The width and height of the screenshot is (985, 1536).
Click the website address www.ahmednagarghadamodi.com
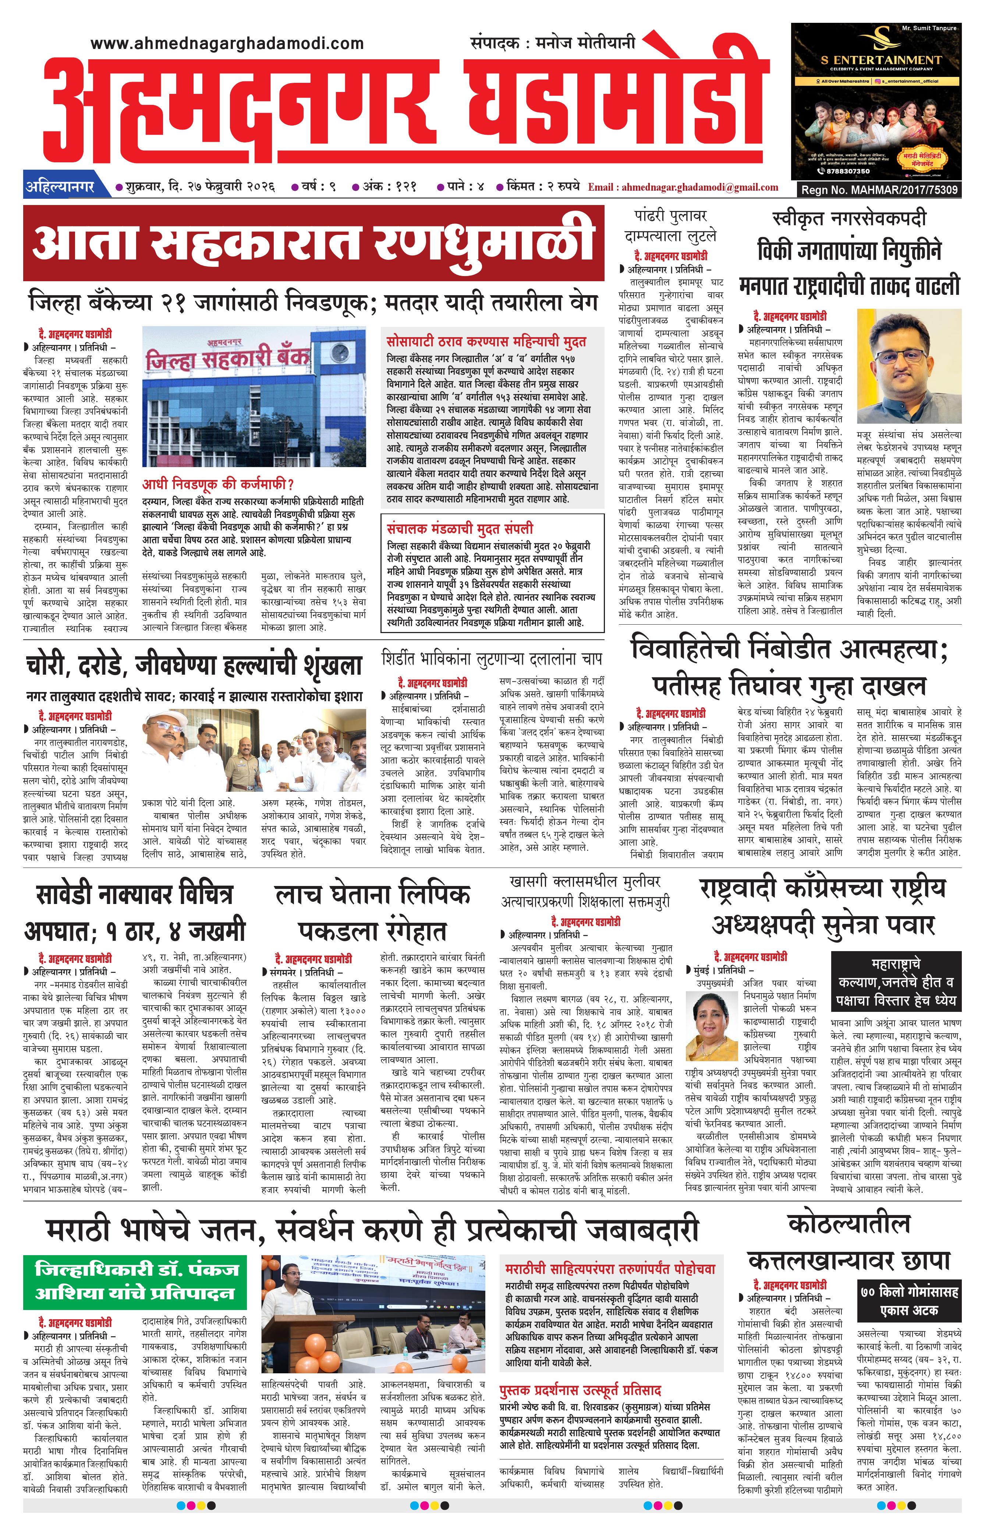(227, 43)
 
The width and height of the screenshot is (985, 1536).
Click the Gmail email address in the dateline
(683, 187)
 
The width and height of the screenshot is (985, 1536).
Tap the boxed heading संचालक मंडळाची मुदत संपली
(459, 529)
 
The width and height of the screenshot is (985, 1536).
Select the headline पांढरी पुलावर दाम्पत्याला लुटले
(670, 225)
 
